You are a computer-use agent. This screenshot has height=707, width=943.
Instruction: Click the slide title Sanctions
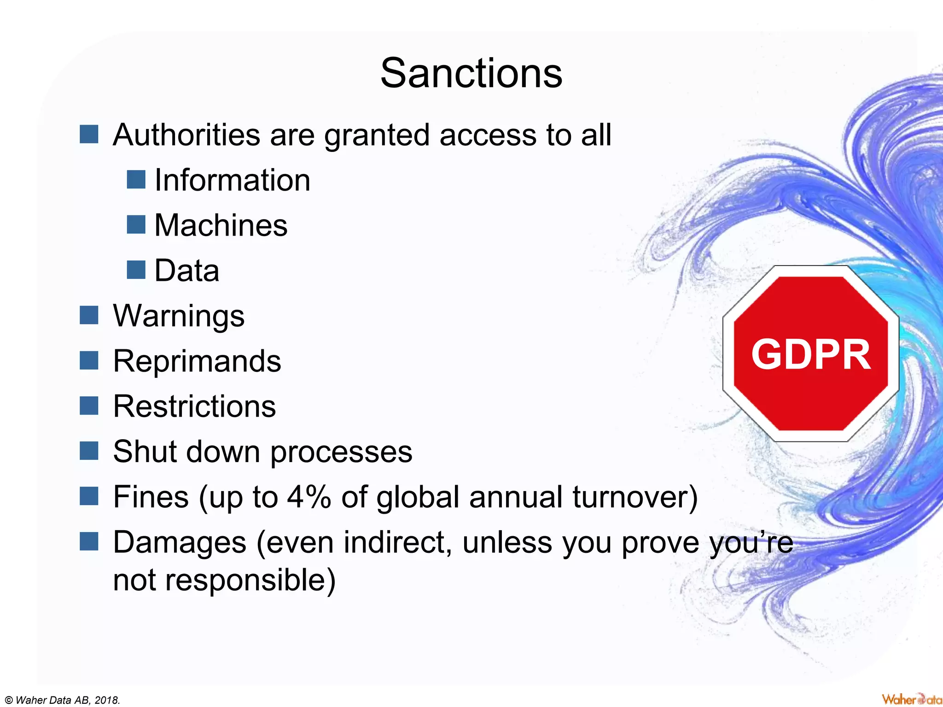[471, 74]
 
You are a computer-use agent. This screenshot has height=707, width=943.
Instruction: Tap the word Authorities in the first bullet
[186, 135]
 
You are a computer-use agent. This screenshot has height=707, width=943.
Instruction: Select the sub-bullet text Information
[232, 180]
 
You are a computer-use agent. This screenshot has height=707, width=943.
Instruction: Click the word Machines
[221, 225]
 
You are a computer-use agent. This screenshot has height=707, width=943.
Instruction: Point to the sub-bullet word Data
[186, 271]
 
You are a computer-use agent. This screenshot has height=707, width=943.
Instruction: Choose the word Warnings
[179, 316]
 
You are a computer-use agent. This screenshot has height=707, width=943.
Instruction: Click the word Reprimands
[197, 361]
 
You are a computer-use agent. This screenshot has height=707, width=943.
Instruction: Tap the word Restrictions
[194, 406]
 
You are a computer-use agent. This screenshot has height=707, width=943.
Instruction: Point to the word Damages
[180, 542]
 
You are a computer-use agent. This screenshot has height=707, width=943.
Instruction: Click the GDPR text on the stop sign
[811, 354]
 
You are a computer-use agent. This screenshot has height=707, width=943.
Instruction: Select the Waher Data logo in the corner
[911, 699]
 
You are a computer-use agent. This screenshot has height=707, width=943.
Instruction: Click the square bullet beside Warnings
[89, 315]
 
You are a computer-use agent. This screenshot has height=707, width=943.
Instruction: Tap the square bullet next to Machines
[136, 225]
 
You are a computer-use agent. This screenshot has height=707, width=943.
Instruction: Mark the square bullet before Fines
[89, 496]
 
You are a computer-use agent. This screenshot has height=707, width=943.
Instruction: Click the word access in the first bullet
[488, 135]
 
